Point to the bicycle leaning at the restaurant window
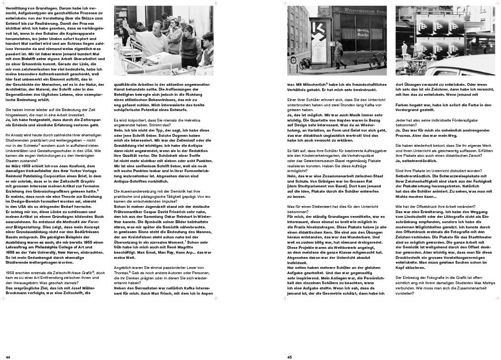tap(377, 61)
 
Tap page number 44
tap(8, 357)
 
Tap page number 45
tap(290, 357)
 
